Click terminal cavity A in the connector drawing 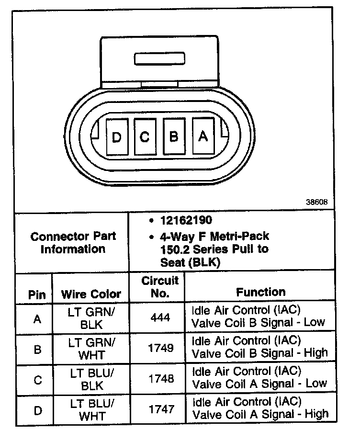(202, 136)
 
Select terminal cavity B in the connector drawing (174, 136)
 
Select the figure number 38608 (316, 203)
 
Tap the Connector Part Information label (73, 243)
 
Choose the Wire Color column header (91, 294)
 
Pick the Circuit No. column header (160, 287)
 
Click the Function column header (260, 292)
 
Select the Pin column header (37, 294)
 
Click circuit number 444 (160, 317)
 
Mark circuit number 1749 (160, 348)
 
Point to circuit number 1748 (160, 379)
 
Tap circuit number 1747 (160, 409)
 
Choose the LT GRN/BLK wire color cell (91, 317)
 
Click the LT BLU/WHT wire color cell (91, 409)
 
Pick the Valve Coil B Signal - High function (259, 347)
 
